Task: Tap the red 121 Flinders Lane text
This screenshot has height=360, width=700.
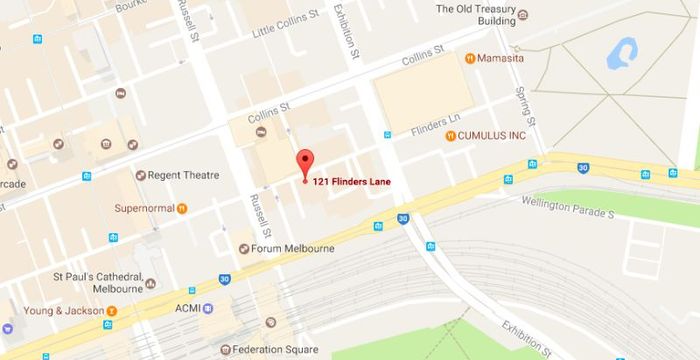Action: (x=352, y=181)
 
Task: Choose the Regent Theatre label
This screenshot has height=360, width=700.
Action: (x=183, y=175)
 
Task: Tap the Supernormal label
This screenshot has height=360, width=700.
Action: (x=143, y=208)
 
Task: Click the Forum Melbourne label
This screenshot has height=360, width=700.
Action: (x=295, y=248)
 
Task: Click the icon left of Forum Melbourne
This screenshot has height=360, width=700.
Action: (x=244, y=248)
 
